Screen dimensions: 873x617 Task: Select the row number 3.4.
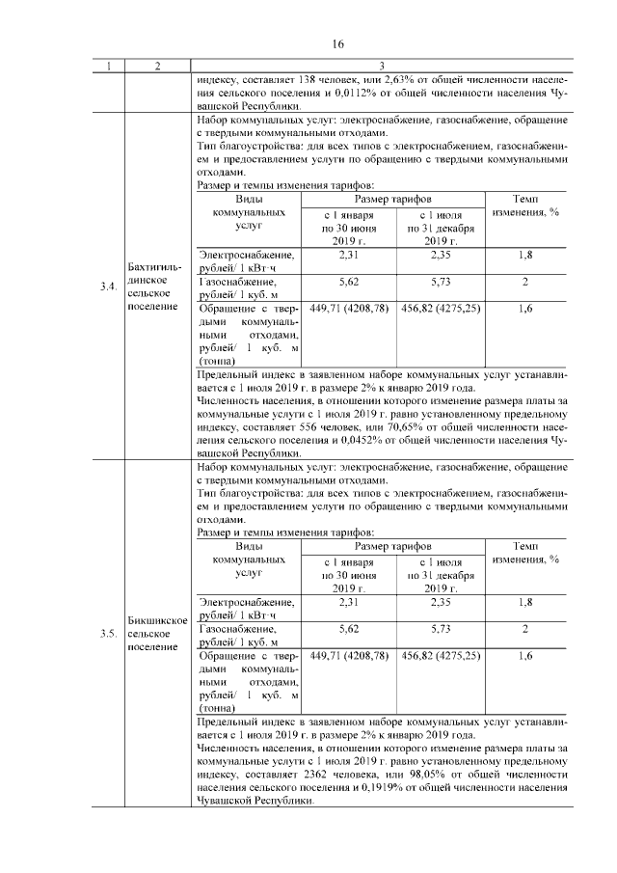[109, 287]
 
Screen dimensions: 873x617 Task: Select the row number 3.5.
[109, 634]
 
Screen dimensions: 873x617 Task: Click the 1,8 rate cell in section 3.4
[525, 255]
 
